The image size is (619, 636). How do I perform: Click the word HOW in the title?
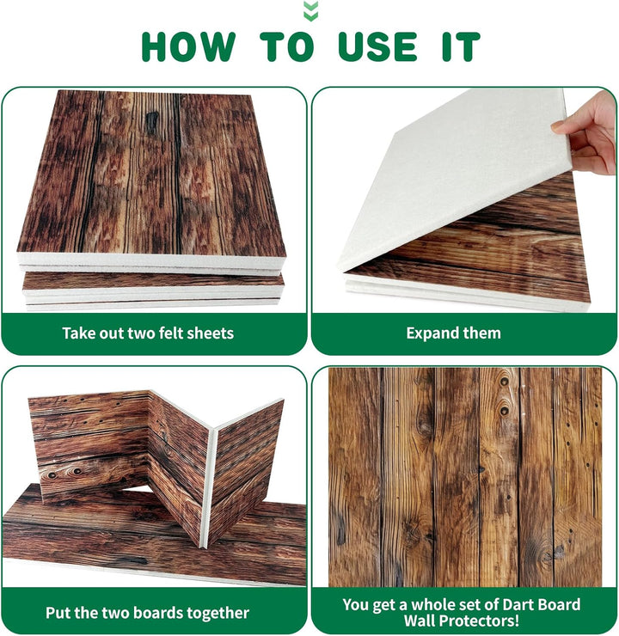(x=188, y=46)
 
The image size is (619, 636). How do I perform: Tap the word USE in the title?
(x=377, y=46)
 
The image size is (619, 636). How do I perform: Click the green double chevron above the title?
(x=310, y=11)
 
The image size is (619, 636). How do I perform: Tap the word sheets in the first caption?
(x=212, y=333)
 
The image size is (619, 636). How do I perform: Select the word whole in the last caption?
(x=430, y=604)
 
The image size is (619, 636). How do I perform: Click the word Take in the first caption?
(x=77, y=333)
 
